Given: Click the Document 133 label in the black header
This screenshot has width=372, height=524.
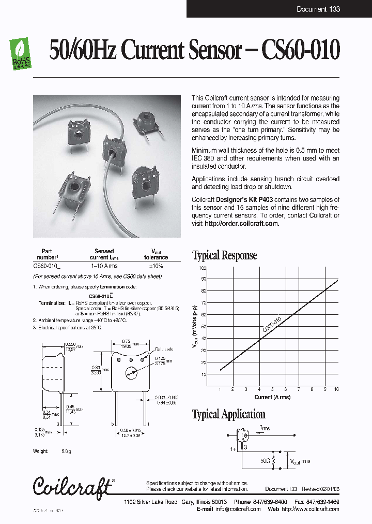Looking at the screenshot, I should (318, 9).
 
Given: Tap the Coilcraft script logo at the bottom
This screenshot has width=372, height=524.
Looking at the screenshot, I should (72, 485).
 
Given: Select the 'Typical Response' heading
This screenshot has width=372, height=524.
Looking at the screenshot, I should (224, 255).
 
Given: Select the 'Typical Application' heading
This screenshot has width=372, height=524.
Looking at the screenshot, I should (228, 414).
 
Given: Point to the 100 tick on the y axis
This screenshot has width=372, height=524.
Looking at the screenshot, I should (203, 268).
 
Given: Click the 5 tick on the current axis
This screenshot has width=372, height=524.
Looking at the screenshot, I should (272, 388).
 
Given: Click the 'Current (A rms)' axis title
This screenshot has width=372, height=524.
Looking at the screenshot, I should (272, 397).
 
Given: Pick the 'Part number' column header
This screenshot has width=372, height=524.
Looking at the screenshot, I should (47, 254).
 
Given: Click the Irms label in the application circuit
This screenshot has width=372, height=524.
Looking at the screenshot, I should (265, 428).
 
